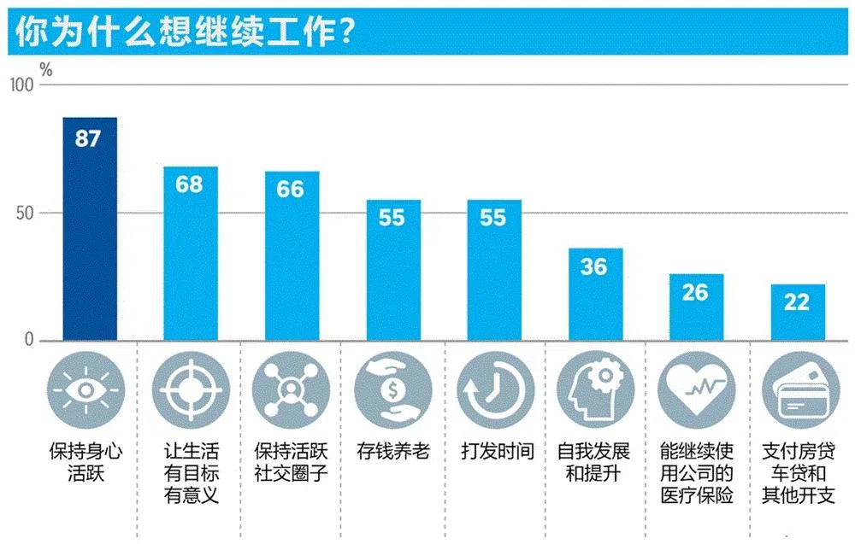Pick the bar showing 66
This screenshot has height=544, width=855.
pos(291,256)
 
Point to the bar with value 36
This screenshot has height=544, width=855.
pos(594,295)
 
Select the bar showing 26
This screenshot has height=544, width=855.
pos(695,307)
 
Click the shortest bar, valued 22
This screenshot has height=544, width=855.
pos(797,313)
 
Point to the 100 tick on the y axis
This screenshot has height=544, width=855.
pos(21,85)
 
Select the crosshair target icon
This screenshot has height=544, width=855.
pos(190,391)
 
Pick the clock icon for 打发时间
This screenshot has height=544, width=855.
pos(493,391)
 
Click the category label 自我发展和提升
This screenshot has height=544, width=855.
pos(594,462)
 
